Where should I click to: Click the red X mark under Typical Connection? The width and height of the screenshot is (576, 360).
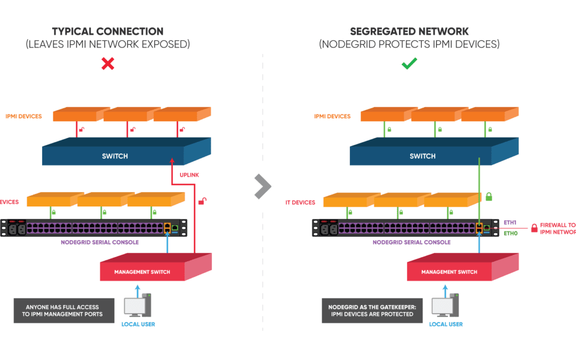(108, 64)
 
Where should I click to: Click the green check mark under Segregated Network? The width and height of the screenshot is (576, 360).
(409, 64)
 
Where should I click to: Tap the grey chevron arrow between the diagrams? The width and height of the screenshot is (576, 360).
(262, 186)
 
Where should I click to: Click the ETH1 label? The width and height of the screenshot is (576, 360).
(511, 222)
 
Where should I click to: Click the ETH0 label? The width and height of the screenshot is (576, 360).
(511, 233)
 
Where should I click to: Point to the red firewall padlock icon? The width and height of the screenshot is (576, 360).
(534, 228)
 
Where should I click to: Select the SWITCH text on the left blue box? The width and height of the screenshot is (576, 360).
(115, 156)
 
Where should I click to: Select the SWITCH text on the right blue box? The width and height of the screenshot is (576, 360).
(422, 156)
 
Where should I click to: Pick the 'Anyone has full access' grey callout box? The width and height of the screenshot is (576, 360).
(64, 310)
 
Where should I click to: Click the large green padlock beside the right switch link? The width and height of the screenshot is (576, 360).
(489, 197)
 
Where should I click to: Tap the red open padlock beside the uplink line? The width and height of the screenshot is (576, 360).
(202, 201)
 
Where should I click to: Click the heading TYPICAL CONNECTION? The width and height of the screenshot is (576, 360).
(108, 31)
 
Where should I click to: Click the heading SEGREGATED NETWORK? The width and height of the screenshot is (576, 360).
(409, 31)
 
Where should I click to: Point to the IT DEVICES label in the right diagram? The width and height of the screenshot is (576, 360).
(301, 202)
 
